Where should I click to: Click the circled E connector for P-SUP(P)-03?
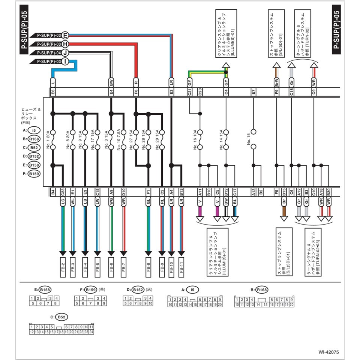(65, 35)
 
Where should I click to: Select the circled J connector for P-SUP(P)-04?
(65, 53)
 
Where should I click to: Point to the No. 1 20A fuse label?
(48, 139)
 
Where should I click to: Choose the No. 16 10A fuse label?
(195, 139)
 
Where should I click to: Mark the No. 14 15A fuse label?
(221, 139)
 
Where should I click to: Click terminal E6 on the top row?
(53, 91)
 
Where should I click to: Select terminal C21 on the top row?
(190, 91)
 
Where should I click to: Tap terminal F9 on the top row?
(276, 91)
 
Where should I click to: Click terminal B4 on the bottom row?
(53, 192)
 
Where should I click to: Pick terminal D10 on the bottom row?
(124, 192)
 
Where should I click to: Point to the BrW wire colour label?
(276, 82)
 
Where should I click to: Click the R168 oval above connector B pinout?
(262, 290)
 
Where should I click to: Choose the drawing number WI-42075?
(329, 352)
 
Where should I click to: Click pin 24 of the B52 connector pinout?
(91, 331)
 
